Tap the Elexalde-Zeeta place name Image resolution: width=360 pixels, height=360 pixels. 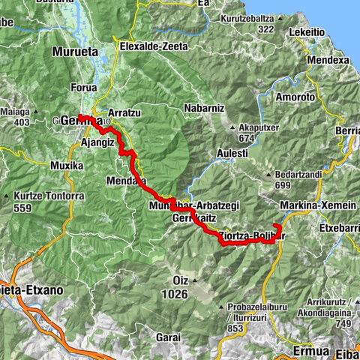[x=154, y=44]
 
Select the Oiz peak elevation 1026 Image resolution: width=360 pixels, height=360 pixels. [x=175, y=294]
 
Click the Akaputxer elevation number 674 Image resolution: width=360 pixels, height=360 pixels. [x=247, y=137]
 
